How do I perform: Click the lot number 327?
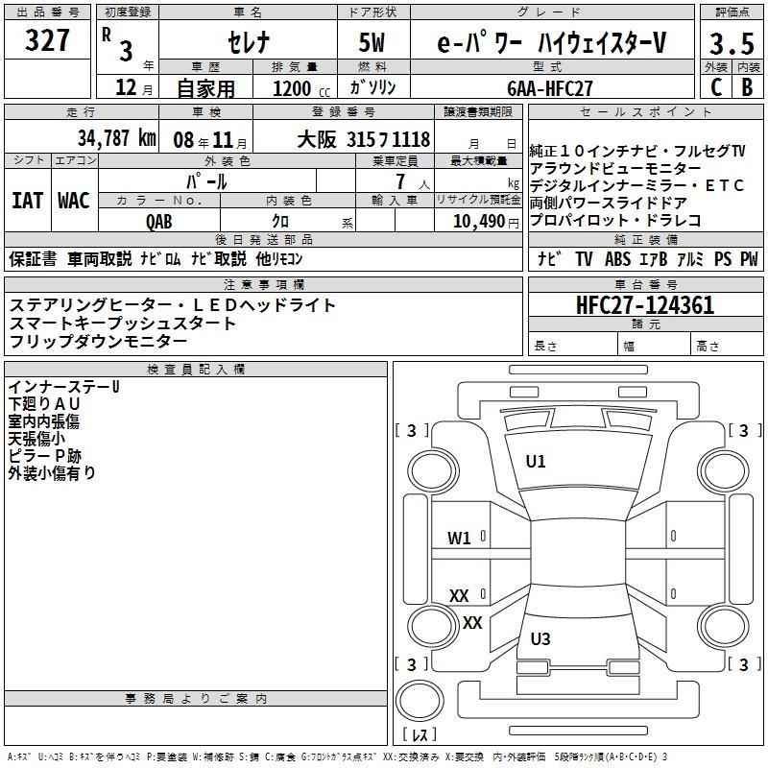[x=47, y=41]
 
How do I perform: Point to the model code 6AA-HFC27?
[x=550, y=87]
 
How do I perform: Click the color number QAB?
[x=159, y=220]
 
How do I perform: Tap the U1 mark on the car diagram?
[x=536, y=461]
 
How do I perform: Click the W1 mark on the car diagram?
[x=459, y=538]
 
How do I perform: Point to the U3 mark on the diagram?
[x=540, y=639]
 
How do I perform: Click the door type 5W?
[x=372, y=43]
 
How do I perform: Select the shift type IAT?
[x=27, y=201]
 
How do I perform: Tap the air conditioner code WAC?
[x=73, y=201]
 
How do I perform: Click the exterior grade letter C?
[x=715, y=87]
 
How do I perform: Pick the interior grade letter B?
[x=747, y=87]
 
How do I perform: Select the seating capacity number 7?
[x=398, y=181]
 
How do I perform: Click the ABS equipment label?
[x=617, y=259]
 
